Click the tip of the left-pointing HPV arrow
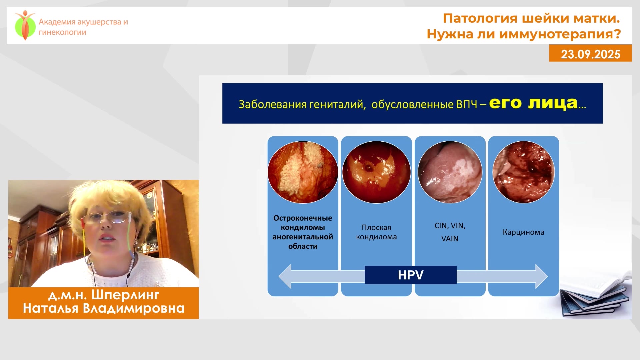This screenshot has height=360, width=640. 279,276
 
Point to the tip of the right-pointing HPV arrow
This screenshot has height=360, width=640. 548,276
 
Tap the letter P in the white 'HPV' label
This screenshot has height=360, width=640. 411,275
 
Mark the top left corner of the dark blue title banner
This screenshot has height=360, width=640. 222,83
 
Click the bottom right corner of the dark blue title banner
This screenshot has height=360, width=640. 603,124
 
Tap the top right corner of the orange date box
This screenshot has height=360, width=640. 632,45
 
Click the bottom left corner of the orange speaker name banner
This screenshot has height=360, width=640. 8,319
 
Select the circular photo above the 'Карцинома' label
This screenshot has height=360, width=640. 523,172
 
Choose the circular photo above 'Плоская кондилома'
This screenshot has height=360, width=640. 376,172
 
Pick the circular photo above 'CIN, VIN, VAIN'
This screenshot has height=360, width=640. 450,172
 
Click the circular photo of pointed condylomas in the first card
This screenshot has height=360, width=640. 303,172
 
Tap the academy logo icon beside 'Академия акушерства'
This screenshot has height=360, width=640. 25,25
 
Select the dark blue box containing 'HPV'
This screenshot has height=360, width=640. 411,275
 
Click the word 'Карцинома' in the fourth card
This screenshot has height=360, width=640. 523,232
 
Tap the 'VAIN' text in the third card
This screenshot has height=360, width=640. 450,239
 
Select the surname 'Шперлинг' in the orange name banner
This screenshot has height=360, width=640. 125,295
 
